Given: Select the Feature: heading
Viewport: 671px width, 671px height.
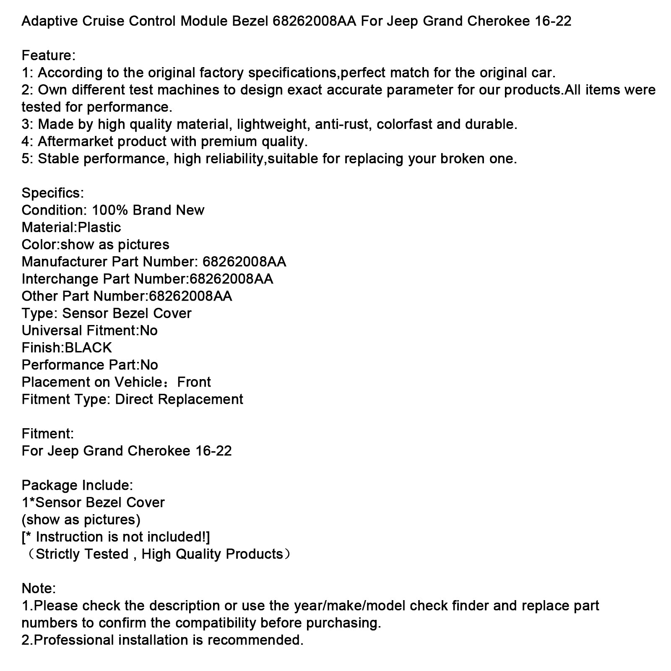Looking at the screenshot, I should point(49,55).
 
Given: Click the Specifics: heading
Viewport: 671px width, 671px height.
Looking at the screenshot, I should point(53,193).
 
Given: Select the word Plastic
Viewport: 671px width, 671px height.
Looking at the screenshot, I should point(99,227).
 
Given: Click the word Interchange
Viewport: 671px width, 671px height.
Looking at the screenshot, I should point(60,279).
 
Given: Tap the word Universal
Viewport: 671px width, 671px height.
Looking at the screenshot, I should point(52,330).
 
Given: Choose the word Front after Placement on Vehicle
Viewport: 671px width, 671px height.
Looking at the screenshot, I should point(194,382).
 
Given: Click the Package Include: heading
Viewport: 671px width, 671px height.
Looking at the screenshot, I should point(77,485).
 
